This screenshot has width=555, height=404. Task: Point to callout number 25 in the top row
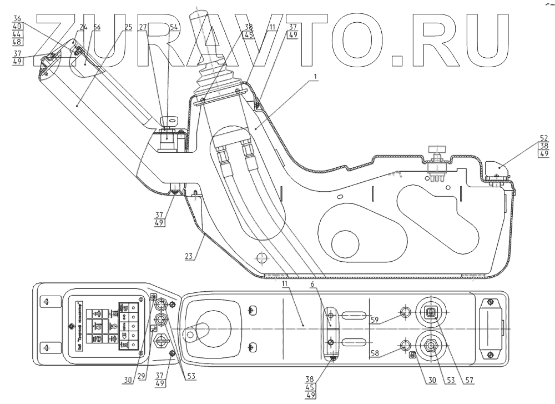128,27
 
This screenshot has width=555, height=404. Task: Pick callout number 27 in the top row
143,27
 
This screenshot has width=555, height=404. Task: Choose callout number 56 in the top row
97,27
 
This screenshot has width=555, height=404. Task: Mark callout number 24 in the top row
83,27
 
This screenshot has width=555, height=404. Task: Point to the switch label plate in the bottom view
104,323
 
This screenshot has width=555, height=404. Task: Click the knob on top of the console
437,148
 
